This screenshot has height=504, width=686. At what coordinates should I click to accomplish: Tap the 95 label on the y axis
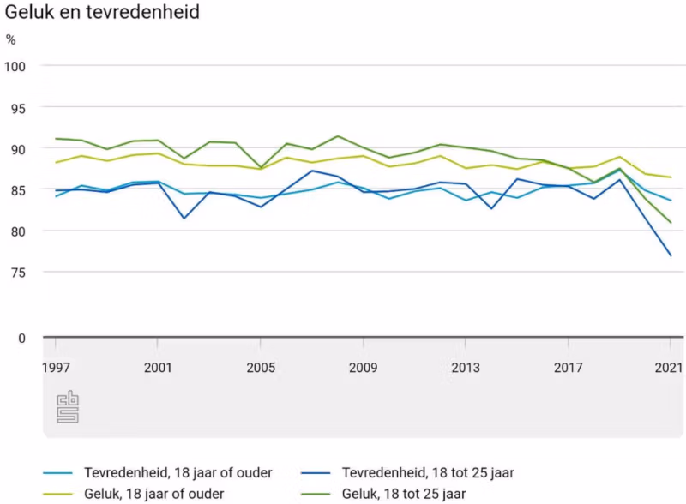17,108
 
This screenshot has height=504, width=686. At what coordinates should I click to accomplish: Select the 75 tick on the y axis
17,273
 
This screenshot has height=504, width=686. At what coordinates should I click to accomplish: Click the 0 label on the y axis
21,338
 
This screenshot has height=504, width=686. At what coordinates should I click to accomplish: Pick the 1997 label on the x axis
55,369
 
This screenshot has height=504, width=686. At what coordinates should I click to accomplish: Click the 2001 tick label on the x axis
158,369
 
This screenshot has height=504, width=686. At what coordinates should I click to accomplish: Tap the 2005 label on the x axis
261,369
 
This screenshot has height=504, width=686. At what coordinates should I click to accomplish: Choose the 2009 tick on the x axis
364,369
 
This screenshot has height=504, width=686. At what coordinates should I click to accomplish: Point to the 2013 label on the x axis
466,369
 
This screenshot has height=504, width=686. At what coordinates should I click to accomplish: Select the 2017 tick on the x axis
569,369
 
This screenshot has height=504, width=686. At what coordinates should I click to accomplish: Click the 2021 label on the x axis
669,369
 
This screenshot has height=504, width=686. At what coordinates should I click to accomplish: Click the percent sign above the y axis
10,39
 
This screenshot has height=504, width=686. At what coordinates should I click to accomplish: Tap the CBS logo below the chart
68,406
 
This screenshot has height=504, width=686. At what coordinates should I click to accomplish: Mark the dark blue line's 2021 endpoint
671,255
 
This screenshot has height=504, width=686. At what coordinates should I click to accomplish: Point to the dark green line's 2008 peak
338,136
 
